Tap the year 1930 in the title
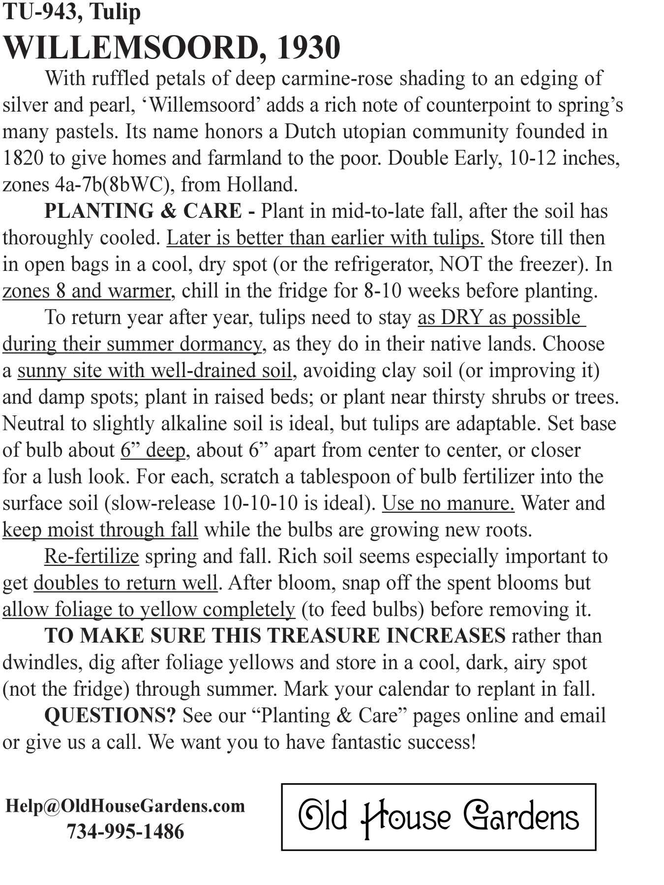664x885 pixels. point(308,48)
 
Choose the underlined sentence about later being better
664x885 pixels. point(325,238)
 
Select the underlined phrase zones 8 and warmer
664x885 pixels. point(87,291)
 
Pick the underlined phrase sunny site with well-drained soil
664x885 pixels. point(155,371)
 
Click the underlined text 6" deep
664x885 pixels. point(153,450)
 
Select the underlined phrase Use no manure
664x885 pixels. point(448,503)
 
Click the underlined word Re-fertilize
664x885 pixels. point(91,557)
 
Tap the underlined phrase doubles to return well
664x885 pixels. point(125,583)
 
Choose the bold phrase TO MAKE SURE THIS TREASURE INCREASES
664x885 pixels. point(274,636)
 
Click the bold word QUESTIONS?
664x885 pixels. point(110,716)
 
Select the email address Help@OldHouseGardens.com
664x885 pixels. point(125,806)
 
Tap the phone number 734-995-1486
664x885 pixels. point(125,832)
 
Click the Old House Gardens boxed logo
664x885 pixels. point(438,817)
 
